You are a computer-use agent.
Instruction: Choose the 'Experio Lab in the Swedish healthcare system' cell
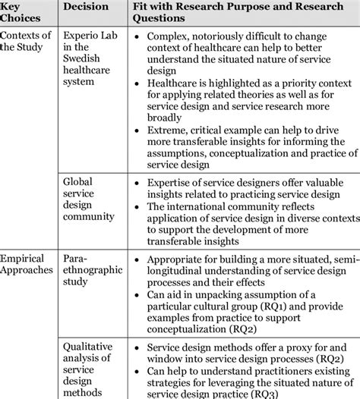[90, 59]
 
